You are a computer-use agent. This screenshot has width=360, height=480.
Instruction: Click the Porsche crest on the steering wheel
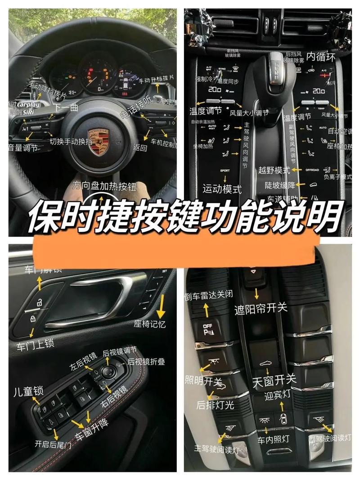98,140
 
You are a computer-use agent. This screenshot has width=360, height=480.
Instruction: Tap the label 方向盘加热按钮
104,186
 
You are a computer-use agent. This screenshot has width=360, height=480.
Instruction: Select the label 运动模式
222,189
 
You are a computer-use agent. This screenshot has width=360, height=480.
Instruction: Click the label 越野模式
274,170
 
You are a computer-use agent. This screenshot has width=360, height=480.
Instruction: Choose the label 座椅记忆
150,323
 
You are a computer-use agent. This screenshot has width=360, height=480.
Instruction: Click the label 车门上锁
36,345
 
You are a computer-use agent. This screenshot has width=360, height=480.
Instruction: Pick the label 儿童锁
28,390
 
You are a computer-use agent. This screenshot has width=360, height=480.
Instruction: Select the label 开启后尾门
53,444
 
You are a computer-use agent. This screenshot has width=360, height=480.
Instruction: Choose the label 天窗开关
274,380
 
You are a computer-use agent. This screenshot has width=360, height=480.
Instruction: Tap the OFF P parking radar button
208,331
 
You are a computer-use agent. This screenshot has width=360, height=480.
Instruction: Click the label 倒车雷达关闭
208,295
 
